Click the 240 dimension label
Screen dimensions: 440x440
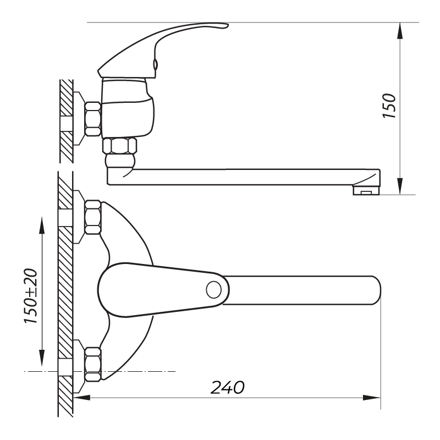[228, 388]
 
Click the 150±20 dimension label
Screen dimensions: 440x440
[31, 296]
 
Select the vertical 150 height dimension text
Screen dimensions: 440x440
[389, 106]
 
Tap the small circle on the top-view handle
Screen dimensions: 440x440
[213, 290]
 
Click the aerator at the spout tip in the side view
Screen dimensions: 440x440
[366, 191]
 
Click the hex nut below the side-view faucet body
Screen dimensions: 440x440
[120, 145]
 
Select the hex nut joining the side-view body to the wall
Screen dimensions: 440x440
[93, 119]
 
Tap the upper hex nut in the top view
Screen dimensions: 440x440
[93, 217]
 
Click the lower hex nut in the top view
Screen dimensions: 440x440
[93, 364]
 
